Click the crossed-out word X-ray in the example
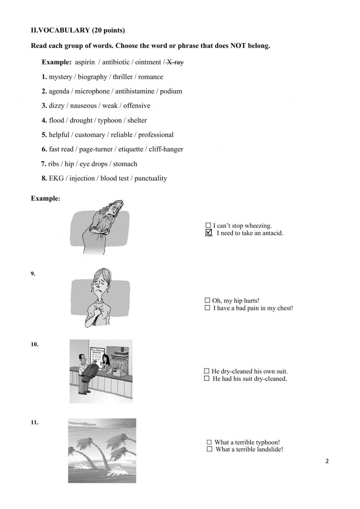tap(175, 62)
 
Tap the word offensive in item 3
tap(137, 106)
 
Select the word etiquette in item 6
tap(131, 149)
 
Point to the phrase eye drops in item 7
tap(94, 164)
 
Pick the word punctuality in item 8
tap(150, 178)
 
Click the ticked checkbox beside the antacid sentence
tap(208, 233)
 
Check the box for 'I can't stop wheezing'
tap(208, 226)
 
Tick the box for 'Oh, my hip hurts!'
tap(207, 300)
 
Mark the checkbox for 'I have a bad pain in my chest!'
tap(207, 308)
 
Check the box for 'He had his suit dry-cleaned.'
tap(207, 378)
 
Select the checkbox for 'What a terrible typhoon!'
tap(209, 442)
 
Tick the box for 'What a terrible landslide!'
tap(210, 449)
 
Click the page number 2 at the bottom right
tap(327, 461)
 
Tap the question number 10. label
tap(35, 344)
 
